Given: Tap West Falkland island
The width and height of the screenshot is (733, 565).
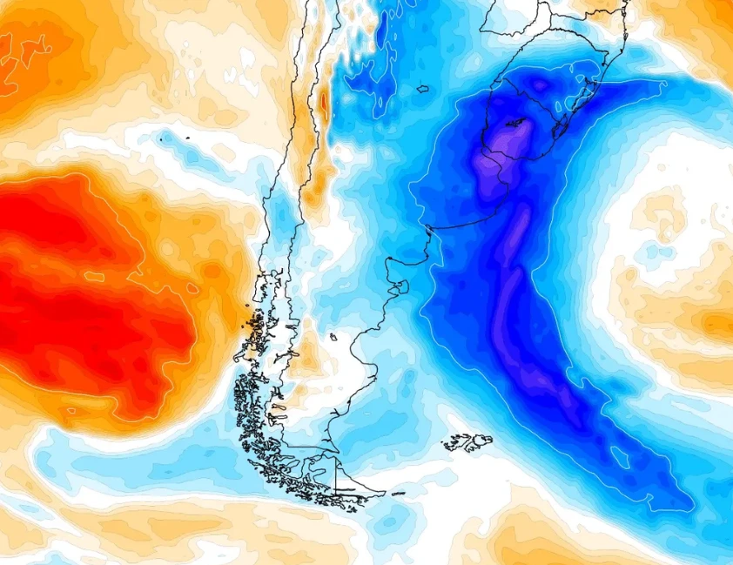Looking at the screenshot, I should point(455,444).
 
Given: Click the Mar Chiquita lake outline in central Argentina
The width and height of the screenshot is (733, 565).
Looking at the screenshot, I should point(424,88).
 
